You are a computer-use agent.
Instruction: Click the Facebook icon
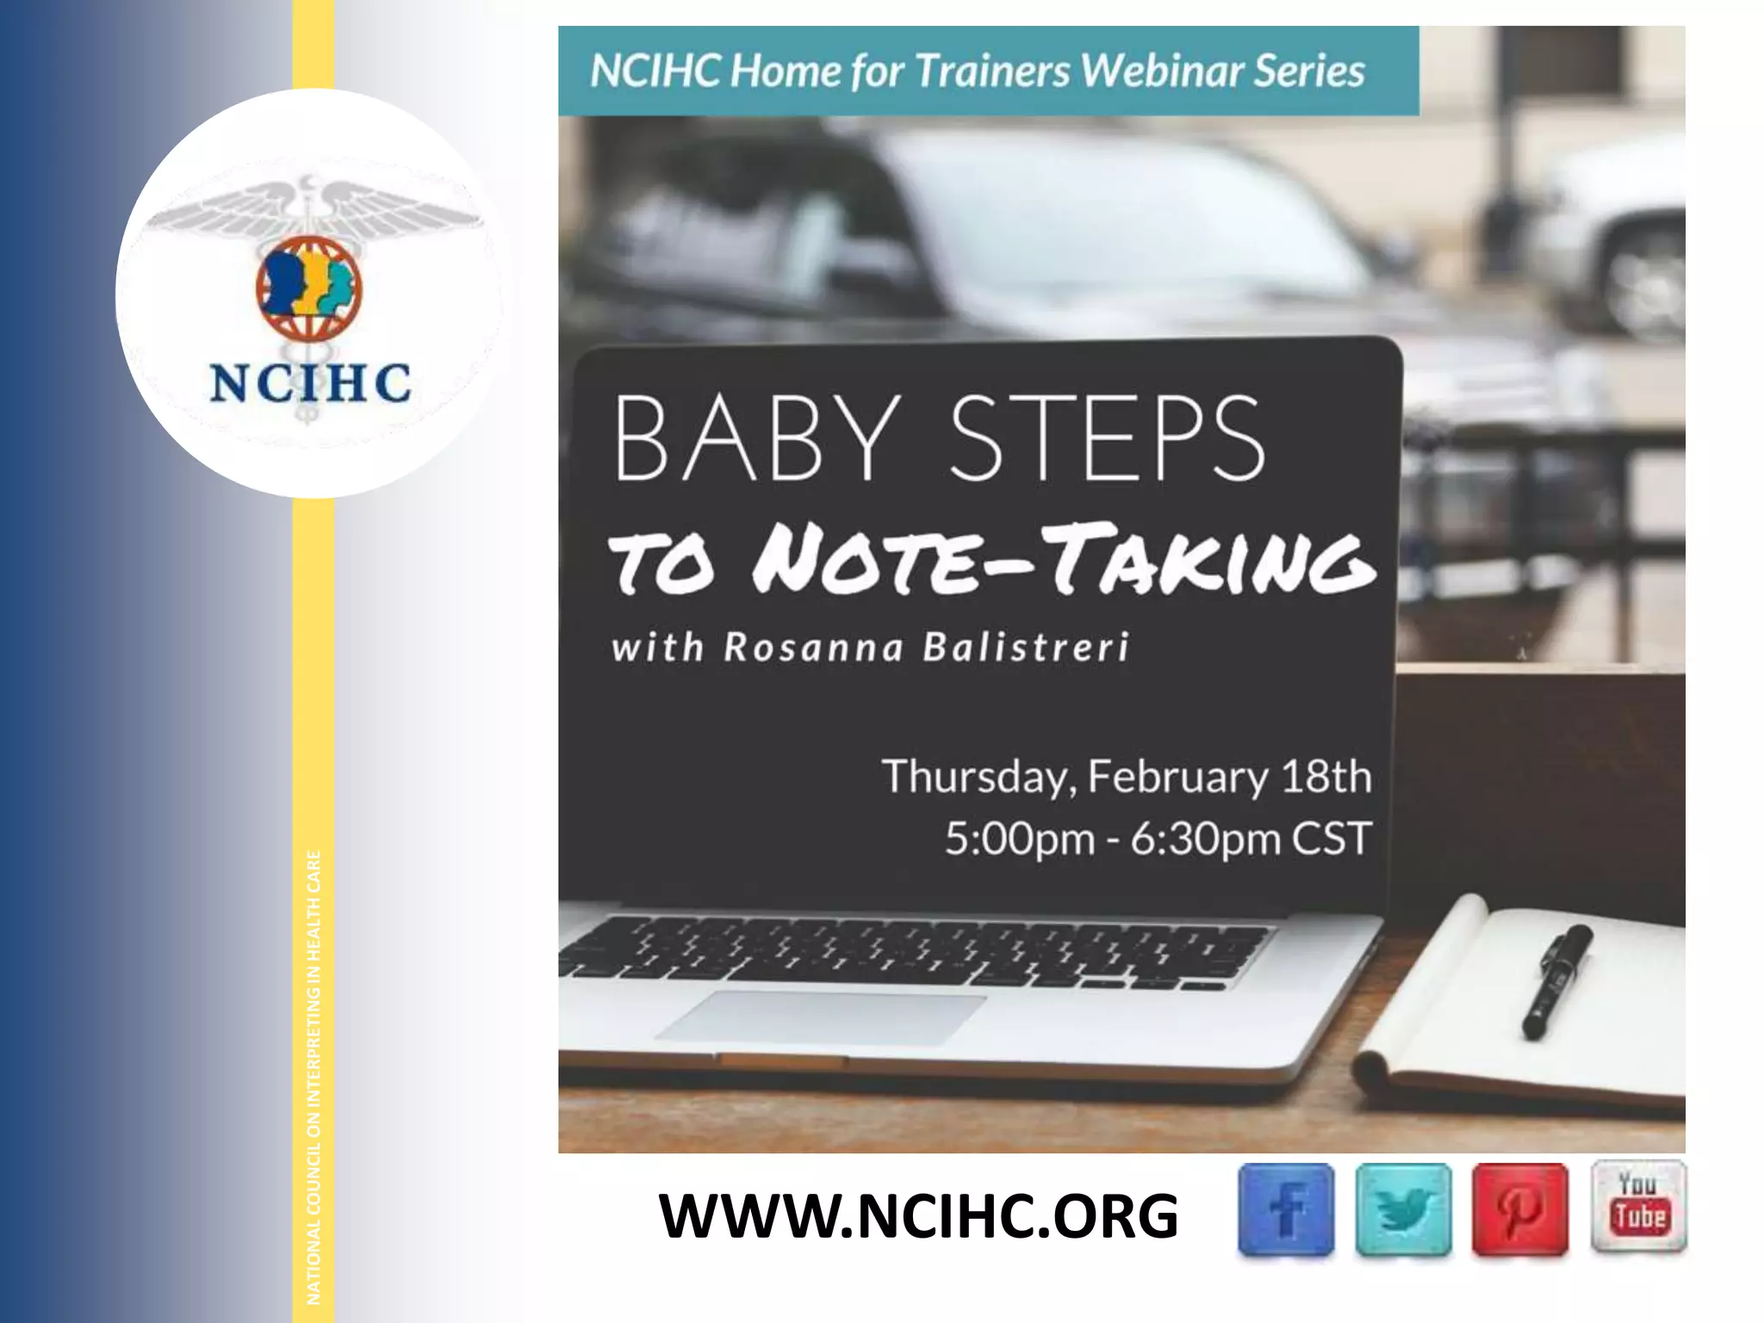[1286, 1209]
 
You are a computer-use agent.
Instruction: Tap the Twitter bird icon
[1403, 1209]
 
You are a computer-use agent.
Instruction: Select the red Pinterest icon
[1519, 1209]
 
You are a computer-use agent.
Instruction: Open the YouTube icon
[1638, 1206]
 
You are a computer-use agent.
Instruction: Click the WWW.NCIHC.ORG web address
[918, 1216]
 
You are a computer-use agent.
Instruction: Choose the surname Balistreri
[1025, 648]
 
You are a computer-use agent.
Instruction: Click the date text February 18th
[1230, 777]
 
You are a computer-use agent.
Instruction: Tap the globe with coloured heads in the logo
[309, 287]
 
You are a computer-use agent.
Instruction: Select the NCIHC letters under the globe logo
[310, 383]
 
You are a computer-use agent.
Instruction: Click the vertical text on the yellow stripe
[314, 1077]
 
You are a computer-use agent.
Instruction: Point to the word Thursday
[979, 777]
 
